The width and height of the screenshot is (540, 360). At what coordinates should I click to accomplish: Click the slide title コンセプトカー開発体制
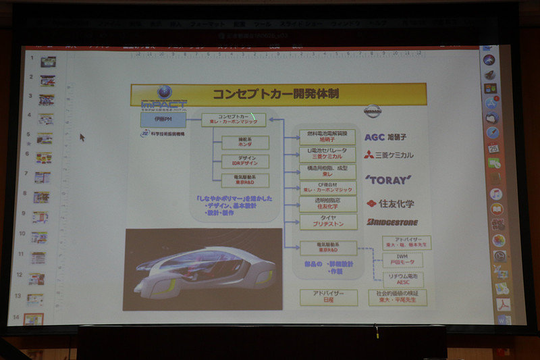point(287,94)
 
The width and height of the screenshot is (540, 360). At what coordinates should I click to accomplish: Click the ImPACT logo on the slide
point(163,99)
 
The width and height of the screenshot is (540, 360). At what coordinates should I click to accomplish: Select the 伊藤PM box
point(163,120)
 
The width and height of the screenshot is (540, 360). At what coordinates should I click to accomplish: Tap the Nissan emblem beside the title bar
point(372,111)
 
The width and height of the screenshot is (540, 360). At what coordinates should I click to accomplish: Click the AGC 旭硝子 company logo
point(389,137)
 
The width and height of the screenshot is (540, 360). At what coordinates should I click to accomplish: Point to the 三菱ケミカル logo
point(389,155)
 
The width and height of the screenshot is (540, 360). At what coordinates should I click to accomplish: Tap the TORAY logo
point(388,180)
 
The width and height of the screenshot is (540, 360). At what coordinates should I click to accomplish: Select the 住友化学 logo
point(390,203)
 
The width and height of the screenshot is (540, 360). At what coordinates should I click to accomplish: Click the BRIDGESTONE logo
point(392,222)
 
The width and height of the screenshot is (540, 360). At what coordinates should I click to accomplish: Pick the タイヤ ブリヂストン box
point(327,221)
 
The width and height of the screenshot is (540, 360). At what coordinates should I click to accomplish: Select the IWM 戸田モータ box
point(403,260)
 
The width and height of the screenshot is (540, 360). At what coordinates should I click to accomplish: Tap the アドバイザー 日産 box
point(329,297)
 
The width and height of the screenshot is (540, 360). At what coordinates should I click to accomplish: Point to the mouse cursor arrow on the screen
point(82,137)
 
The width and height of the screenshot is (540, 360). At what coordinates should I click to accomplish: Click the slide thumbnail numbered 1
point(48,62)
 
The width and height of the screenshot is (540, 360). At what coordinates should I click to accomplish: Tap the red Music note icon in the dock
point(496,194)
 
